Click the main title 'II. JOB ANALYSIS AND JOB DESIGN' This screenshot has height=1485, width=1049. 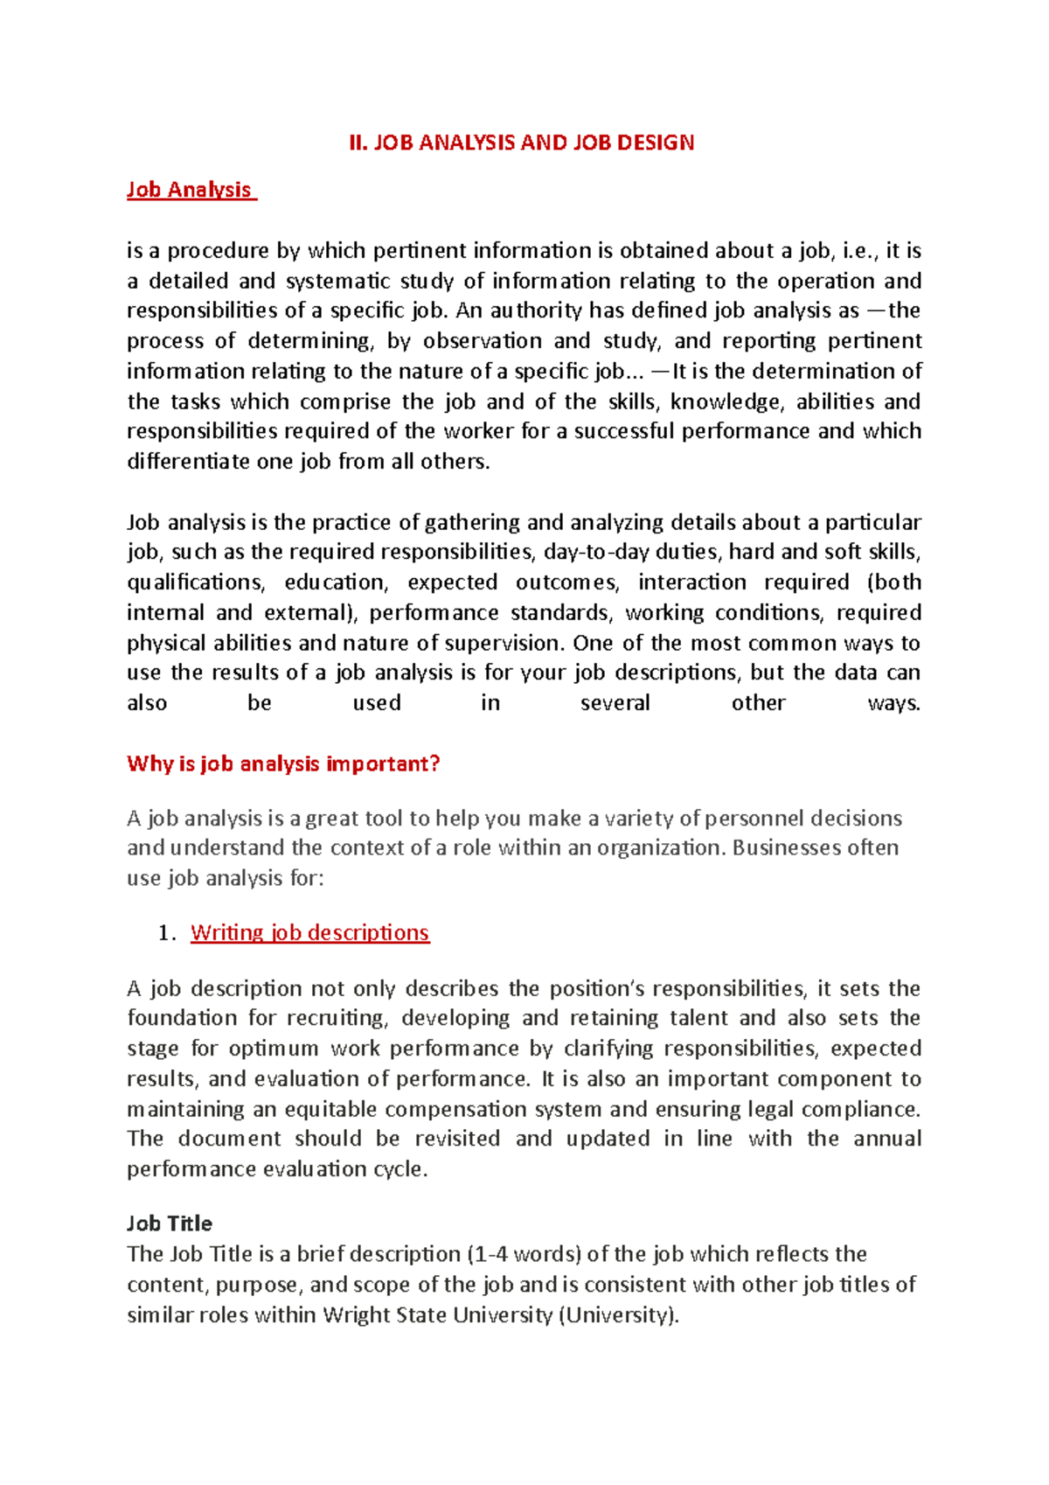tap(521, 143)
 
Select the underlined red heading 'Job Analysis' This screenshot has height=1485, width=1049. tap(190, 190)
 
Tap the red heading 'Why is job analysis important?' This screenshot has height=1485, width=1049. tap(283, 763)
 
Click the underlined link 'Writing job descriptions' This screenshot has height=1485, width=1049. tap(309, 932)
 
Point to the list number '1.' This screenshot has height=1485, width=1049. tap(168, 933)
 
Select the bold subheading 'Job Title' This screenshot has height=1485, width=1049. tap(170, 1224)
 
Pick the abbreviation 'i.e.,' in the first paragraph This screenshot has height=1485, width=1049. tap(860, 251)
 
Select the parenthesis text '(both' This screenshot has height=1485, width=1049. tap(894, 582)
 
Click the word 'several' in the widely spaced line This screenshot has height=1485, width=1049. tap(615, 703)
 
